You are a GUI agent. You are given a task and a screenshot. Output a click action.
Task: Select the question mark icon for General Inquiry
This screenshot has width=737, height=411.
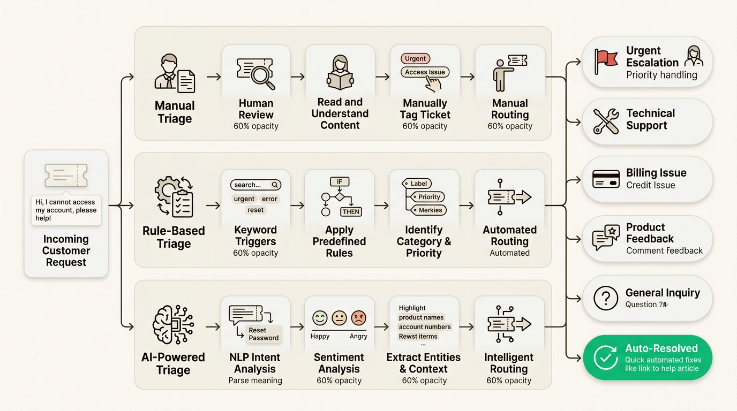[x=606, y=298]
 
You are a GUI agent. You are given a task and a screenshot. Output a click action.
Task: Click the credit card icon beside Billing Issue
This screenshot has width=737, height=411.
[x=606, y=179]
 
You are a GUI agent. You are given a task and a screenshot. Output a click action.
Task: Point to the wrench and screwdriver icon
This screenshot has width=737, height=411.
[x=606, y=120]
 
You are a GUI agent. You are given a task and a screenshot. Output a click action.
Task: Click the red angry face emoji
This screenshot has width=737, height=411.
[x=358, y=318]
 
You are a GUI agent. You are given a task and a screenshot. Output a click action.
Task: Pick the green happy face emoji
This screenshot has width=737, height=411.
[x=320, y=318]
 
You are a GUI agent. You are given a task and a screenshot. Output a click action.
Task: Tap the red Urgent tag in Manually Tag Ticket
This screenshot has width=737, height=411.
[x=415, y=59]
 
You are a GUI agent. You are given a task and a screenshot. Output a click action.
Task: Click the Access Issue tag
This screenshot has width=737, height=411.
[x=425, y=72]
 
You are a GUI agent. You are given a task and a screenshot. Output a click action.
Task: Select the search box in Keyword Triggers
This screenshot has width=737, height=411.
[x=255, y=185]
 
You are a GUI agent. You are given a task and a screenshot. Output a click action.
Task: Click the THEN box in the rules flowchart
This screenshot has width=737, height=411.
[x=351, y=211]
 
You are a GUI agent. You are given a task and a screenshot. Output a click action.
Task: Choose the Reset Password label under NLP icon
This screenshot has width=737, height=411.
[x=263, y=334]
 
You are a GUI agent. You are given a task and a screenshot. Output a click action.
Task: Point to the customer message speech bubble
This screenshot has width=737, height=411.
[x=66, y=210]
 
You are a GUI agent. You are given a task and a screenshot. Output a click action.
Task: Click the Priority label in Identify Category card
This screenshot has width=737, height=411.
[x=429, y=197]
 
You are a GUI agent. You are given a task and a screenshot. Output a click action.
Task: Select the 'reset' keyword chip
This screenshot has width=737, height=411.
[x=255, y=210]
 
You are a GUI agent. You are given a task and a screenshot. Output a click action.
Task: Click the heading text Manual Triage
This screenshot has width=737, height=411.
[x=175, y=112]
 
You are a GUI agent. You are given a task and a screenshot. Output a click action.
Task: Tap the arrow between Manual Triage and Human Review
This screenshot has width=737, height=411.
[x=213, y=77]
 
